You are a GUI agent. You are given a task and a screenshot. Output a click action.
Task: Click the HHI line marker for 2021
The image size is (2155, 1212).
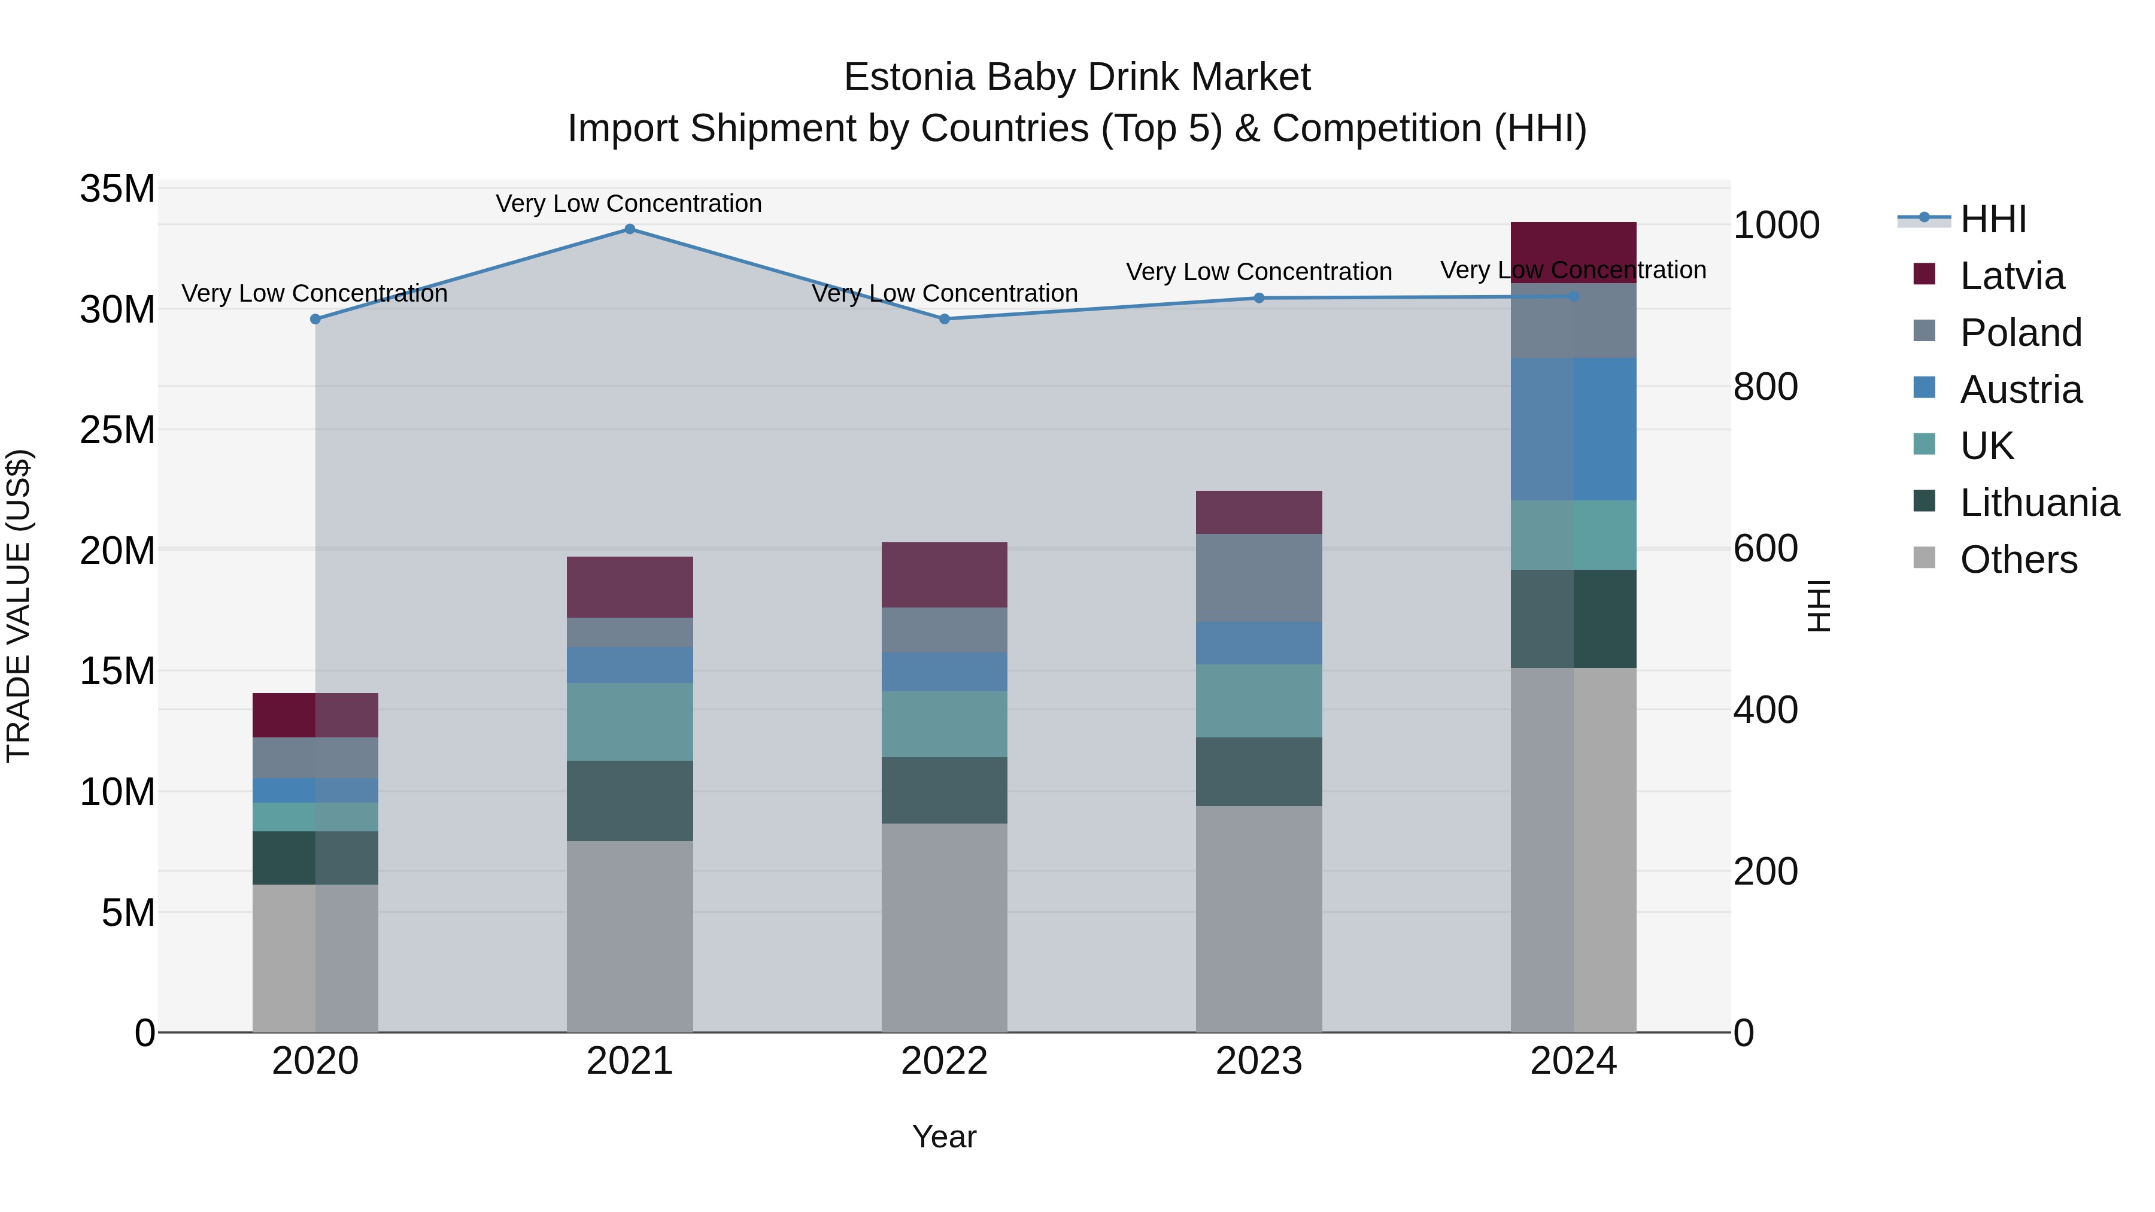[x=630, y=229]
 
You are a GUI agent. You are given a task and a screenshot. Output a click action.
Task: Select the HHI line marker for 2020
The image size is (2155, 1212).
[x=315, y=320]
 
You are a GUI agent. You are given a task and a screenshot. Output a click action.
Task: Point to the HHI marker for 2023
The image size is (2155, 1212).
[x=1259, y=298]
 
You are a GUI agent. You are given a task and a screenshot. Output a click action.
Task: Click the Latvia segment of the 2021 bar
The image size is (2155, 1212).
[x=630, y=587]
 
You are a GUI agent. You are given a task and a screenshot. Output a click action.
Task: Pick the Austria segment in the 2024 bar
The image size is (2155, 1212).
[x=1574, y=429]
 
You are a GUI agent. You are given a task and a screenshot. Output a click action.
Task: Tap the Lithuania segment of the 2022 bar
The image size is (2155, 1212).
[x=945, y=791]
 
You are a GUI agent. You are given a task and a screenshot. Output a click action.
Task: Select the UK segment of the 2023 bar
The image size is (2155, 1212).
[x=1259, y=701]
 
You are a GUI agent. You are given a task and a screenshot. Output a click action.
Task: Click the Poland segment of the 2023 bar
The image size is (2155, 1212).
[x=1259, y=578]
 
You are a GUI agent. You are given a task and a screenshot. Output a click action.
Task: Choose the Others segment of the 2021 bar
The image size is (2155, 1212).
[x=630, y=936]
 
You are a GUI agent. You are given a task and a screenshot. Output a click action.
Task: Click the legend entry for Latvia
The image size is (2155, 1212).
[x=2011, y=276]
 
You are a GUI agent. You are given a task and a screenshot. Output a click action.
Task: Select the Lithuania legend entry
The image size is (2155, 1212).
[x=2039, y=503]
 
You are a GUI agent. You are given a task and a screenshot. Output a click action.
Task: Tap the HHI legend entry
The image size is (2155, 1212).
[x=1993, y=219]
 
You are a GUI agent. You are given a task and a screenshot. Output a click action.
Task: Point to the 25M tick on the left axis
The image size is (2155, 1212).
[x=117, y=430]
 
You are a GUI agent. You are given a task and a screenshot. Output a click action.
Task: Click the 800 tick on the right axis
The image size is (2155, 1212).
[x=1765, y=387]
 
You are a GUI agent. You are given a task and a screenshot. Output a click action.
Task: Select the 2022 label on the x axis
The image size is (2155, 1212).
[x=945, y=1061]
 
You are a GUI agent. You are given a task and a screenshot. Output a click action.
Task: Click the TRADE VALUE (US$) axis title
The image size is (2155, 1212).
[x=19, y=606]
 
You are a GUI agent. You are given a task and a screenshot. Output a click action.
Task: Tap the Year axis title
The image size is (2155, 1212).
[x=945, y=1137]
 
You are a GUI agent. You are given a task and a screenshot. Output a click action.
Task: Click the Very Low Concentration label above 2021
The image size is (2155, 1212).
[x=629, y=203]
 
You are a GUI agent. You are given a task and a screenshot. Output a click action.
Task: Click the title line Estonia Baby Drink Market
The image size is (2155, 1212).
[x=1077, y=77]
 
